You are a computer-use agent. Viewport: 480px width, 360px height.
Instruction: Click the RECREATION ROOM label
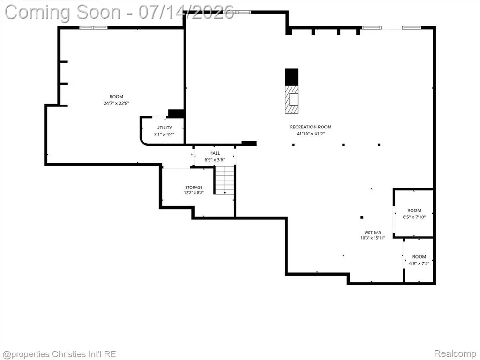(x=311, y=127)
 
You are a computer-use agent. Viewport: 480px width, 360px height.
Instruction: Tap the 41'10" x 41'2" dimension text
(x=311, y=134)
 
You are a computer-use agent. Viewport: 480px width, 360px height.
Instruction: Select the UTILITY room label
(x=164, y=127)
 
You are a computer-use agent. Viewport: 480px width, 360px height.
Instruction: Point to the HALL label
(x=215, y=153)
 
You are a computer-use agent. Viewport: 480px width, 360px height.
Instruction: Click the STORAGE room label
(x=194, y=187)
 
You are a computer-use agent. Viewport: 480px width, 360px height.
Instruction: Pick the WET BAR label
(x=373, y=232)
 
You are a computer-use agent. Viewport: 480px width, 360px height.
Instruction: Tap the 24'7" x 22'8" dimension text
(x=116, y=103)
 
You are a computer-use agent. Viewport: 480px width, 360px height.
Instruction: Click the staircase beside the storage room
(x=225, y=180)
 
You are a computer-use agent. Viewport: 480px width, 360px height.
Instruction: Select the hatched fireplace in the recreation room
(x=292, y=99)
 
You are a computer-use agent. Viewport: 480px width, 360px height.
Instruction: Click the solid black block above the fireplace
(x=292, y=77)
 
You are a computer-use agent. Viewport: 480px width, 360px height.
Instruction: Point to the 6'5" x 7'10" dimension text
(x=414, y=217)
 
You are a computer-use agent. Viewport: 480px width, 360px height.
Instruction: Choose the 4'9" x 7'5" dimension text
(x=419, y=263)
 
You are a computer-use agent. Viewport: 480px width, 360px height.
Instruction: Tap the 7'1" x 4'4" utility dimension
(x=164, y=134)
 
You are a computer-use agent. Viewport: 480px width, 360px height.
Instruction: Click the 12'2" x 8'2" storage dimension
(x=194, y=193)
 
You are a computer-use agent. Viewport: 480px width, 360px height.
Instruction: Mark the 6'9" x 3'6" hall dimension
(x=215, y=160)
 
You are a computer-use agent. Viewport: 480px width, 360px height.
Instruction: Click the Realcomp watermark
(x=455, y=353)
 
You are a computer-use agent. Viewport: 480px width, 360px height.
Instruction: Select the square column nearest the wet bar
(x=362, y=217)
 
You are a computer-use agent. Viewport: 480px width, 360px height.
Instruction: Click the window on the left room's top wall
(x=93, y=28)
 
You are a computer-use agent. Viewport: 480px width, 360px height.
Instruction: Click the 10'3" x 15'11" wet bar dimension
(x=373, y=238)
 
